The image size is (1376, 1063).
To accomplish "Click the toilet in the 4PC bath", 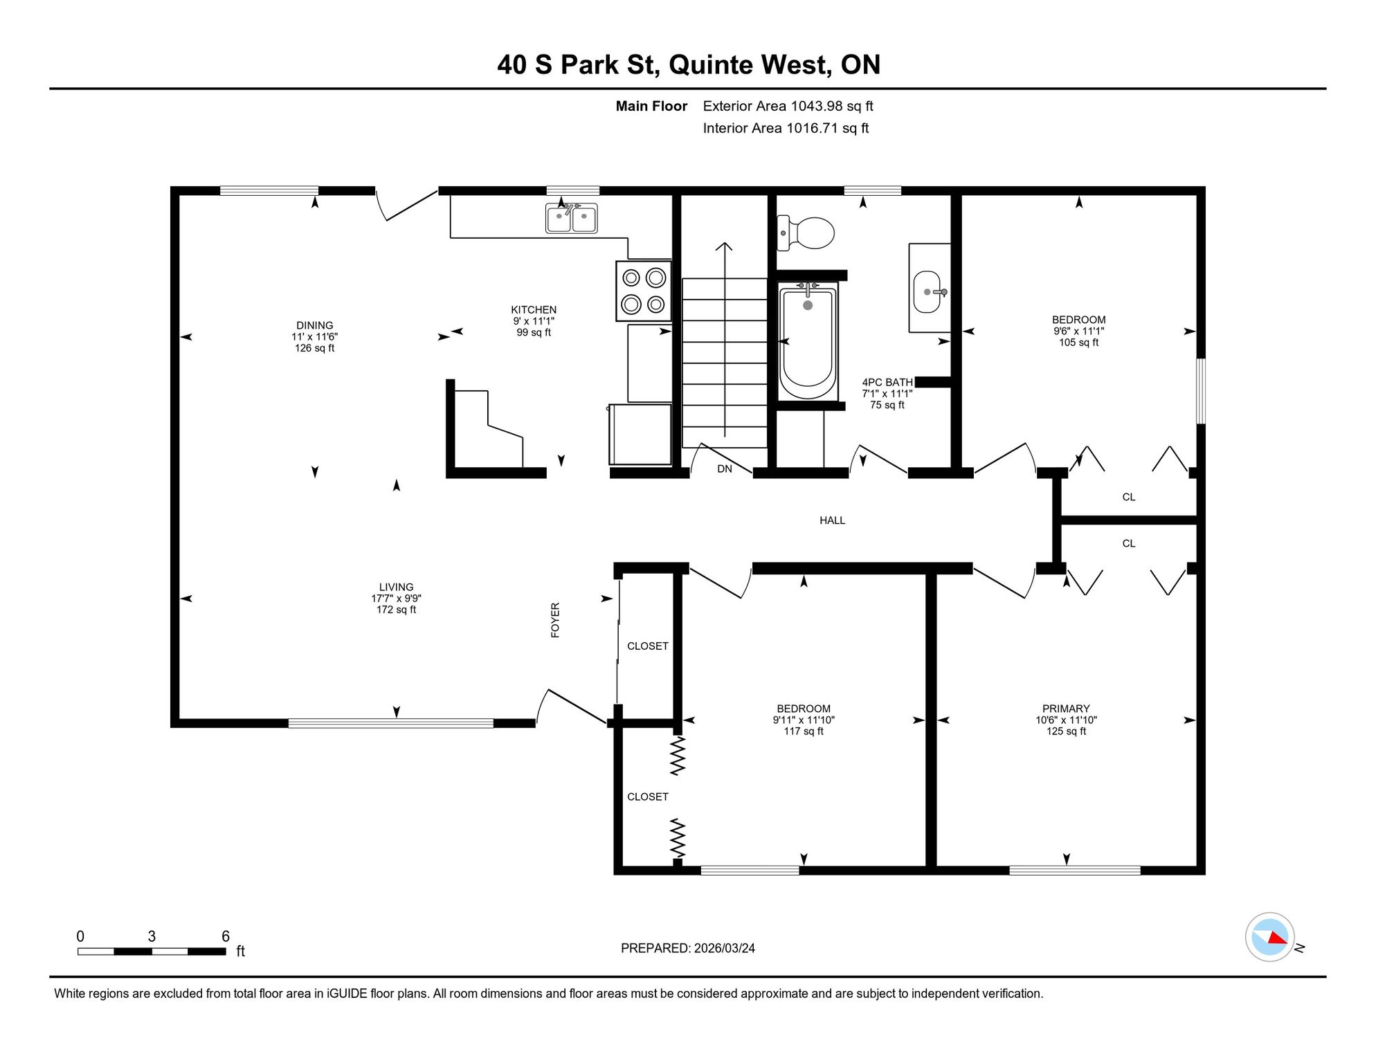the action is (806, 233).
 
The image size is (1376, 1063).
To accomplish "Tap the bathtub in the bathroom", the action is (808, 340).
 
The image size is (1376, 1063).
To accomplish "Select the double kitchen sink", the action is (572, 218).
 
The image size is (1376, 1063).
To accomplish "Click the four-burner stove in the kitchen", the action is (644, 291).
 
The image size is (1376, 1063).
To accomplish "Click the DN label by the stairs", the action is (725, 469).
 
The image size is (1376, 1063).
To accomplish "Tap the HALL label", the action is (833, 520).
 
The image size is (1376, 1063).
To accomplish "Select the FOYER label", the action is (555, 620).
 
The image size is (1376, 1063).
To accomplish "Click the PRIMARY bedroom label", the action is (1066, 709).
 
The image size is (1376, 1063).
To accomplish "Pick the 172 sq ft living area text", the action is (397, 610).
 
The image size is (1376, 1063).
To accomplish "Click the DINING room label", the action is (315, 325).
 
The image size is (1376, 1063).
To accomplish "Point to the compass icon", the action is (1270, 937).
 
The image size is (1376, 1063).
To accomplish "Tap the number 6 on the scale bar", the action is (226, 936).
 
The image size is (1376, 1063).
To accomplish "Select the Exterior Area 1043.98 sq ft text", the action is (788, 106).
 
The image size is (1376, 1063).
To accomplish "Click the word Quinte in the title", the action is (711, 64).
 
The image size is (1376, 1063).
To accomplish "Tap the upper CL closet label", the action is (1129, 497).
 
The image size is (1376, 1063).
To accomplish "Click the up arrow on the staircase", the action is (725, 340).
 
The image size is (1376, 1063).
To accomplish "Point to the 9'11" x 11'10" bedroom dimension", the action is (804, 720).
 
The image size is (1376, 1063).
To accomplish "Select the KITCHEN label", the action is (534, 310).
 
